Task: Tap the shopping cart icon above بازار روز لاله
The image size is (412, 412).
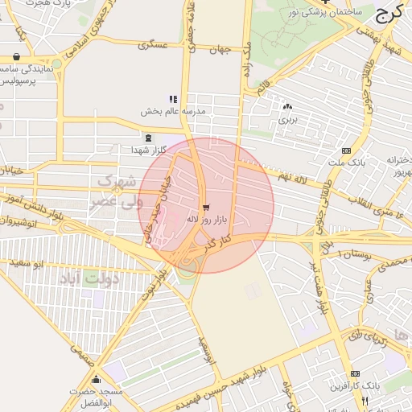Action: click(206, 207)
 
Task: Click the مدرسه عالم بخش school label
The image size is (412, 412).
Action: click(174, 110)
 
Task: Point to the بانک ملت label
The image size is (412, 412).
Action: click(347, 162)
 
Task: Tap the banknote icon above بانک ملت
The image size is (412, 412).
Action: click(346, 150)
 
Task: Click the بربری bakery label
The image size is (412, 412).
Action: click(287, 118)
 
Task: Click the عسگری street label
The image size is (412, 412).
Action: click(154, 45)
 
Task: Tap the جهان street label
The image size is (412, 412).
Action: click(219, 50)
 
